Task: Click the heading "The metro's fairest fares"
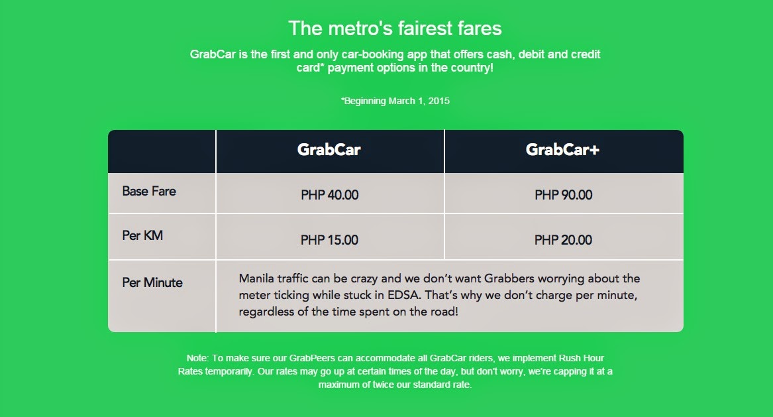[x=395, y=28]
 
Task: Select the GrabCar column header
[x=329, y=150]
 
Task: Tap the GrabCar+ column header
[x=562, y=150]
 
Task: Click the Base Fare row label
[x=149, y=192]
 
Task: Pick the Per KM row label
[x=142, y=235]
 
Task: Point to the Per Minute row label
[x=152, y=282]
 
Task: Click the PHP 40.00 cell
[x=329, y=195]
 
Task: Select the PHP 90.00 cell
[x=563, y=195]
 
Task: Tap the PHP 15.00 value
[x=329, y=240]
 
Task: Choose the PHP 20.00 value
[x=563, y=240]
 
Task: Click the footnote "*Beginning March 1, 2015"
[x=395, y=101]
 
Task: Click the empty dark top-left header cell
[x=162, y=151]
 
